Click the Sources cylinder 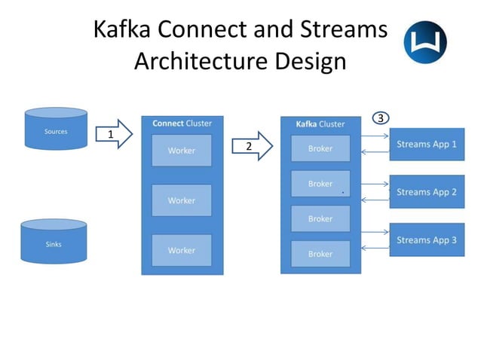(x=56, y=129)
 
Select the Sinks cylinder (x=54, y=241)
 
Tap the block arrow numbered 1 (x=114, y=134)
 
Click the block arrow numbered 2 (x=252, y=146)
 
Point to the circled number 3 (x=381, y=118)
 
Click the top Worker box (x=182, y=151)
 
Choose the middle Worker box (x=182, y=200)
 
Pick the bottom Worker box (x=182, y=250)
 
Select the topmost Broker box (x=320, y=148)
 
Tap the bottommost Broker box (x=320, y=254)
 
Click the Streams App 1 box (x=427, y=145)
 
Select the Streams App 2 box (x=427, y=192)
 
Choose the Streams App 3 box (x=427, y=239)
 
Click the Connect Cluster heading (x=182, y=124)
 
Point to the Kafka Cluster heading (x=320, y=124)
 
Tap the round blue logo (x=425, y=42)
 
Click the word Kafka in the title (x=122, y=29)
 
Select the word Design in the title (x=311, y=61)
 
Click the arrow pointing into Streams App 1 (x=375, y=136)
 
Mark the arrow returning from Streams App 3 (x=375, y=248)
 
